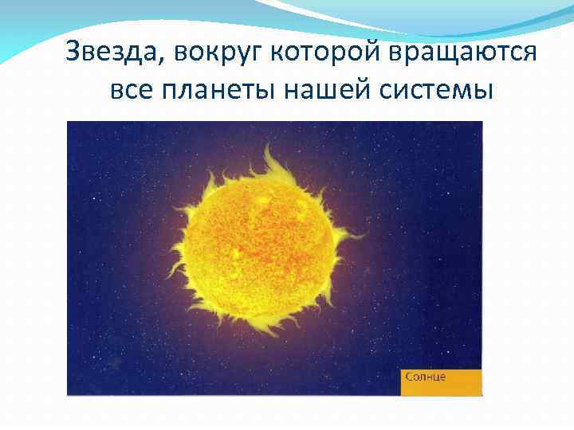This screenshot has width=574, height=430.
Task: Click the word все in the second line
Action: [128, 90]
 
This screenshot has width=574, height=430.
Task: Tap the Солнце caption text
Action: [425, 376]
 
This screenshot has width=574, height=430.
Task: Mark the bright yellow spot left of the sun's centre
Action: [236, 252]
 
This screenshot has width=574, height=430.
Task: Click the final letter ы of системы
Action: [485, 90]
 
